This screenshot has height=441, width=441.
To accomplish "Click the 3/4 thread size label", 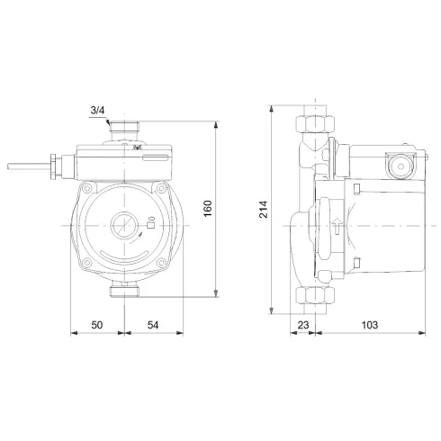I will point(97,111).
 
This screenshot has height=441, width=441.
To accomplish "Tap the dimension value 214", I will point(262,210).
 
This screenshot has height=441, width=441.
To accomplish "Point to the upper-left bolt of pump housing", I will point(87,190).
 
